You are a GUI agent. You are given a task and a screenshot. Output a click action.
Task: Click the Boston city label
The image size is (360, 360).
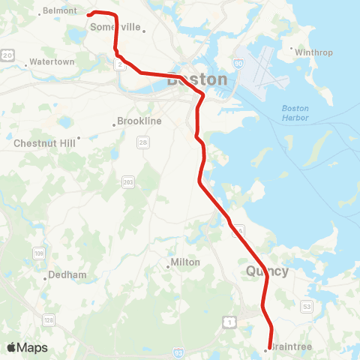pyautogui.click(x=197, y=79)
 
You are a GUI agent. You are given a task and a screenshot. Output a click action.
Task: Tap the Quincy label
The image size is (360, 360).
pyautogui.click(x=267, y=271)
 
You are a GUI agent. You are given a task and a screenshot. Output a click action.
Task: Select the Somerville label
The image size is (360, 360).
pyautogui.click(x=115, y=27)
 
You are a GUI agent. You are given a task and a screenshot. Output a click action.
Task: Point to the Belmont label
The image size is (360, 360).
pyautogui.click(x=59, y=10)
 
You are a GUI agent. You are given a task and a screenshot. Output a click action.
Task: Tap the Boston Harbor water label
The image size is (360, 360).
pyautogui.click(x=295, y=112)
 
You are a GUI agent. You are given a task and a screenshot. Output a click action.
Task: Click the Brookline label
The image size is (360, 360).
pyautogui.click(x=139, y=121)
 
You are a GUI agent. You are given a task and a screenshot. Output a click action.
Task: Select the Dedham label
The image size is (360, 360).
pyautogui.click(x=64, y=274)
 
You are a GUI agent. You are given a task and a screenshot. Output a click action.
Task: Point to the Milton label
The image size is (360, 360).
pyautogui.click(x=185, y=262)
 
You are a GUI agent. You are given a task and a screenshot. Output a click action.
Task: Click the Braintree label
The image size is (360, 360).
pyautogui.click(x=290, y=348)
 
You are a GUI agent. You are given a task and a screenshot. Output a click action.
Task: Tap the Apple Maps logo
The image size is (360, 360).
pyautogui.click(x=27, y=347)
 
